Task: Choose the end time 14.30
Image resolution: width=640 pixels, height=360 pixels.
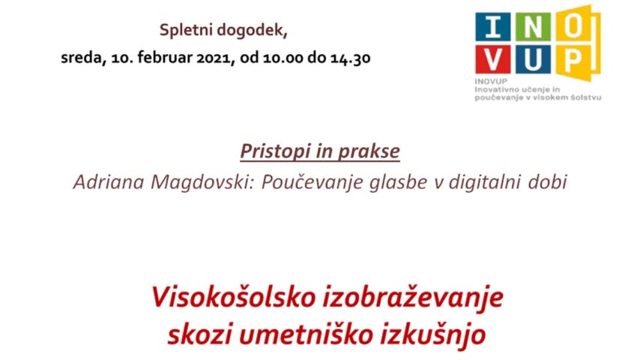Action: tap(351, 58)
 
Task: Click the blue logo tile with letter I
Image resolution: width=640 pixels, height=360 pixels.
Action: tap(492, 27)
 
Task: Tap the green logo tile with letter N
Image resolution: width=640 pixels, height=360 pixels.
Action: tap(533, 27)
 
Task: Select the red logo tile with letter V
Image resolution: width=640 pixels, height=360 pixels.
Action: tap(492, 59)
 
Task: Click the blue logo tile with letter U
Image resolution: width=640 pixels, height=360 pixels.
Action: tap(533, 59)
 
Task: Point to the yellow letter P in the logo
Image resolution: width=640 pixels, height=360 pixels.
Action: tap(574, 61)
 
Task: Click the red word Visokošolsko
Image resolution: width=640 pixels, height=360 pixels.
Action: tap(234, 297)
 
